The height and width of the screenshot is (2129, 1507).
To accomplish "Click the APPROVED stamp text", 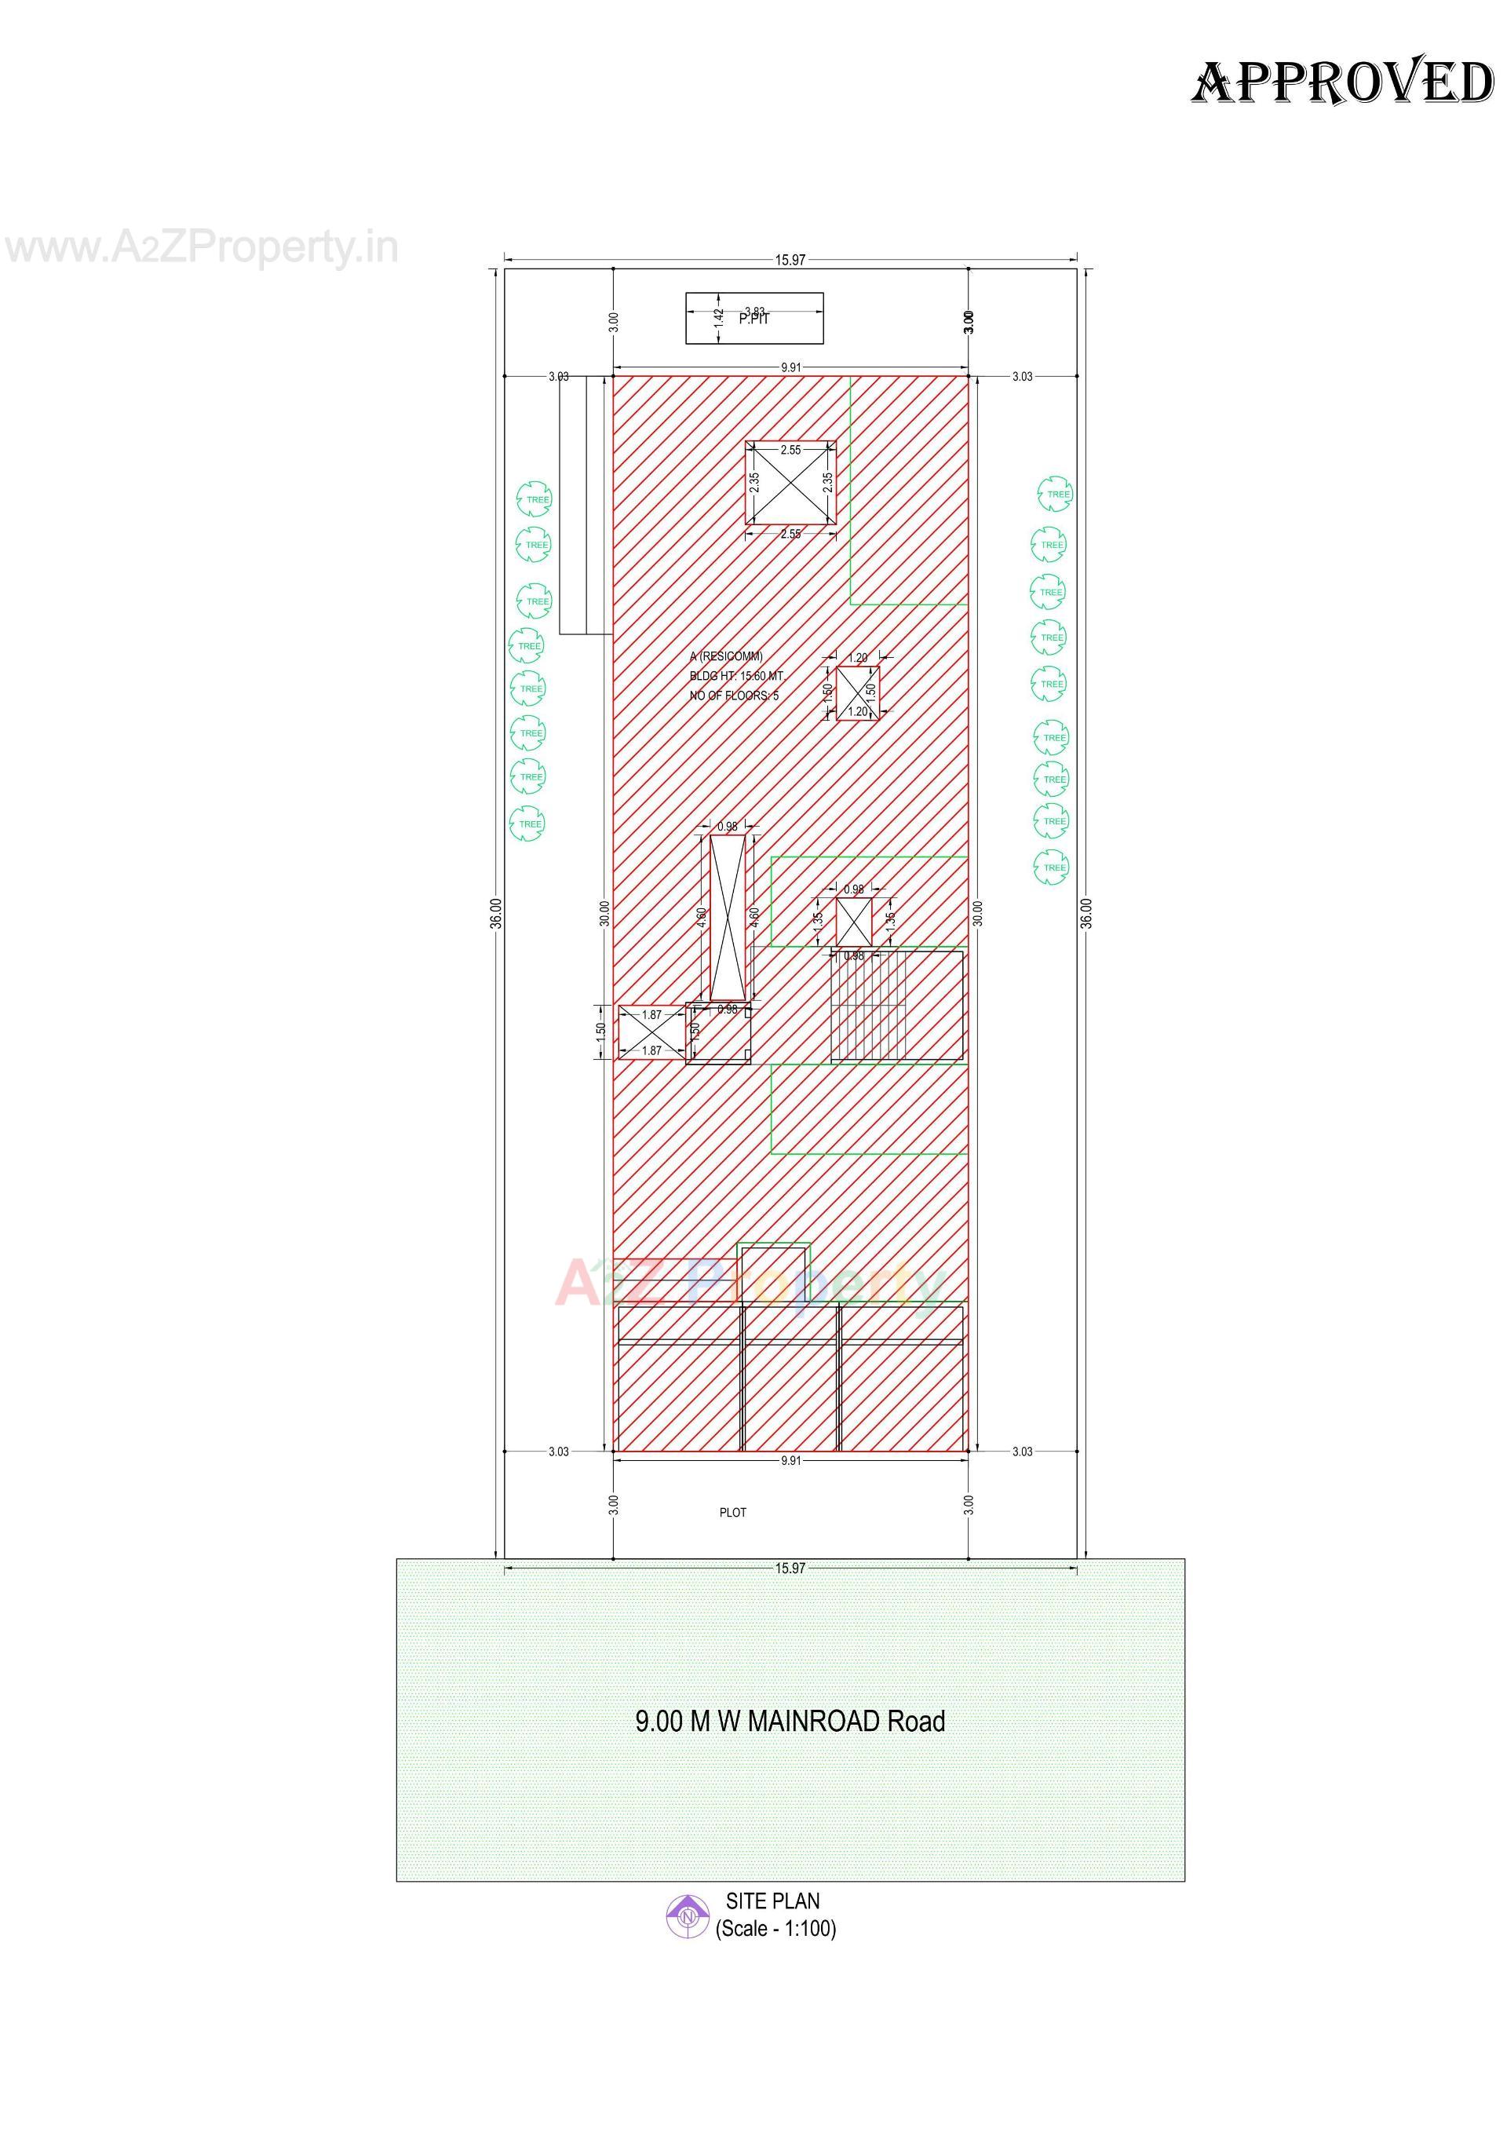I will [x=1342, y=82].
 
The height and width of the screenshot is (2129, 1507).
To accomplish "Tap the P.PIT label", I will [x=753, y=318].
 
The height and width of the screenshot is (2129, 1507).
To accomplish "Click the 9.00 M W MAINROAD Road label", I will [x=790, y=1722].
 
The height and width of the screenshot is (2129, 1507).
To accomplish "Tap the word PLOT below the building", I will [x=732, y=1513].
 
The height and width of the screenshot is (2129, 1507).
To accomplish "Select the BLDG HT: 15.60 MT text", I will [x=737, y=677].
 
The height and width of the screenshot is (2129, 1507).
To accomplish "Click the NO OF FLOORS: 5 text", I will [x=734, y=695].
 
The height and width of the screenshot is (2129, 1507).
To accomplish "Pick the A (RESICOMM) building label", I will [x=726, y=657].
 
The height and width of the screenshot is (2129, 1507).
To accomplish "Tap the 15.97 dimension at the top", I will [x=790, y=261].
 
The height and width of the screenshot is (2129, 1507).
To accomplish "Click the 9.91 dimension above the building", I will [x=790, y=367].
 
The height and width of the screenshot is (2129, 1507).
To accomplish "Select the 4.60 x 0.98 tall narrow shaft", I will [x=728, y=917].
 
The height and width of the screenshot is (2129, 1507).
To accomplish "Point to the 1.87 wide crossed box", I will [x=651, y=1033].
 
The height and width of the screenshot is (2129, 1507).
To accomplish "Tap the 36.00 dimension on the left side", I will [x=497, y=913].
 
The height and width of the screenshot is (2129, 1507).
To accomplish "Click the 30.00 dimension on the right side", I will [x=976, y=913].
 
